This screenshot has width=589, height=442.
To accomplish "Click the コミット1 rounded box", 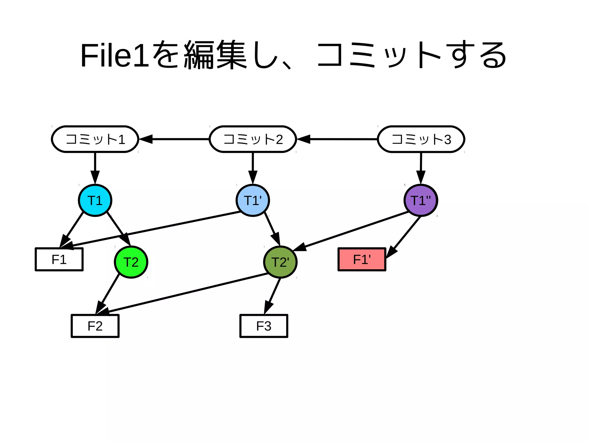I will pyautogui.click(x=95, y=139).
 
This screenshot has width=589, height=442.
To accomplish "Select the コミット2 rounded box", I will pyautogui.click(x=253, y=139).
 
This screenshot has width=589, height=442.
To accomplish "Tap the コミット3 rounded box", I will pyautogui.click(x=421, y=139).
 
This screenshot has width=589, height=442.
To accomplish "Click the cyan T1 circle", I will pyautogui.click(x=95, y=200).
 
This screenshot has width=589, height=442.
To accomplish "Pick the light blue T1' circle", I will pyautogui.click(x=253, y=200).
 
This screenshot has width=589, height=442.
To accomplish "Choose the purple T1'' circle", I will pyautogui.click(x=421, y=200).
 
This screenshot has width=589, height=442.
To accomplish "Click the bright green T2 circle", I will pyautogui.click(x=131, y=262).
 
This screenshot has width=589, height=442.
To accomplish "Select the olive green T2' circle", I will pyautogui.click(x=280, y=262).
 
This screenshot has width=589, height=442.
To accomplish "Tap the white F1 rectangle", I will pyautogui.click(x=59, y=259).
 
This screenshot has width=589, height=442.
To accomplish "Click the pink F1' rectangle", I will pyautogui.click(x=362, y=259).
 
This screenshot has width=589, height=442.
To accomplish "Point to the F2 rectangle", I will pyautogui.click(x=95, y=326).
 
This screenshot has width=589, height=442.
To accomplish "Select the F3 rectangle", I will pyautogui.click(x=264, y=326).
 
